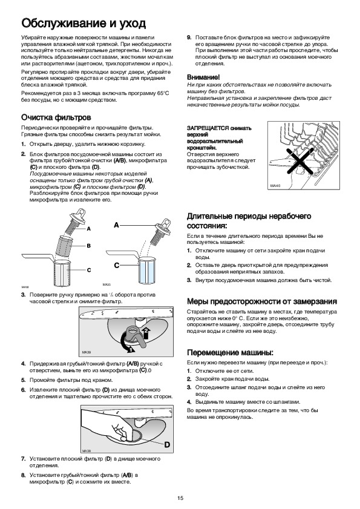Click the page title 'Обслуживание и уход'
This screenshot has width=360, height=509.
83,23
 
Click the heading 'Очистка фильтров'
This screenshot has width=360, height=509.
56,117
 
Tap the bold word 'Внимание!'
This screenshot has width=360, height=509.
203,77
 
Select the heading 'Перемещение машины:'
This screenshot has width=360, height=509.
230,352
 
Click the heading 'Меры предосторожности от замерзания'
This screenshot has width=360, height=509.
262,301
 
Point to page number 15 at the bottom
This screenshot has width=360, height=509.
180,498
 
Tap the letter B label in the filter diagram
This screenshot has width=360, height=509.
88,246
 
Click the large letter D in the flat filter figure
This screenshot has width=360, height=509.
167,445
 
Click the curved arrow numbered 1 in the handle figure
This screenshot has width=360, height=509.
126,346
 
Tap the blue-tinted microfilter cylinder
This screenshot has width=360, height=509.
147,269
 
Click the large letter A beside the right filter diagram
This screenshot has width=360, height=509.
116,225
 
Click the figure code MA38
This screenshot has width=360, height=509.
86,451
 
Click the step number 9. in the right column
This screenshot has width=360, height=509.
189,38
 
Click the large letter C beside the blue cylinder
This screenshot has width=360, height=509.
117,266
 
